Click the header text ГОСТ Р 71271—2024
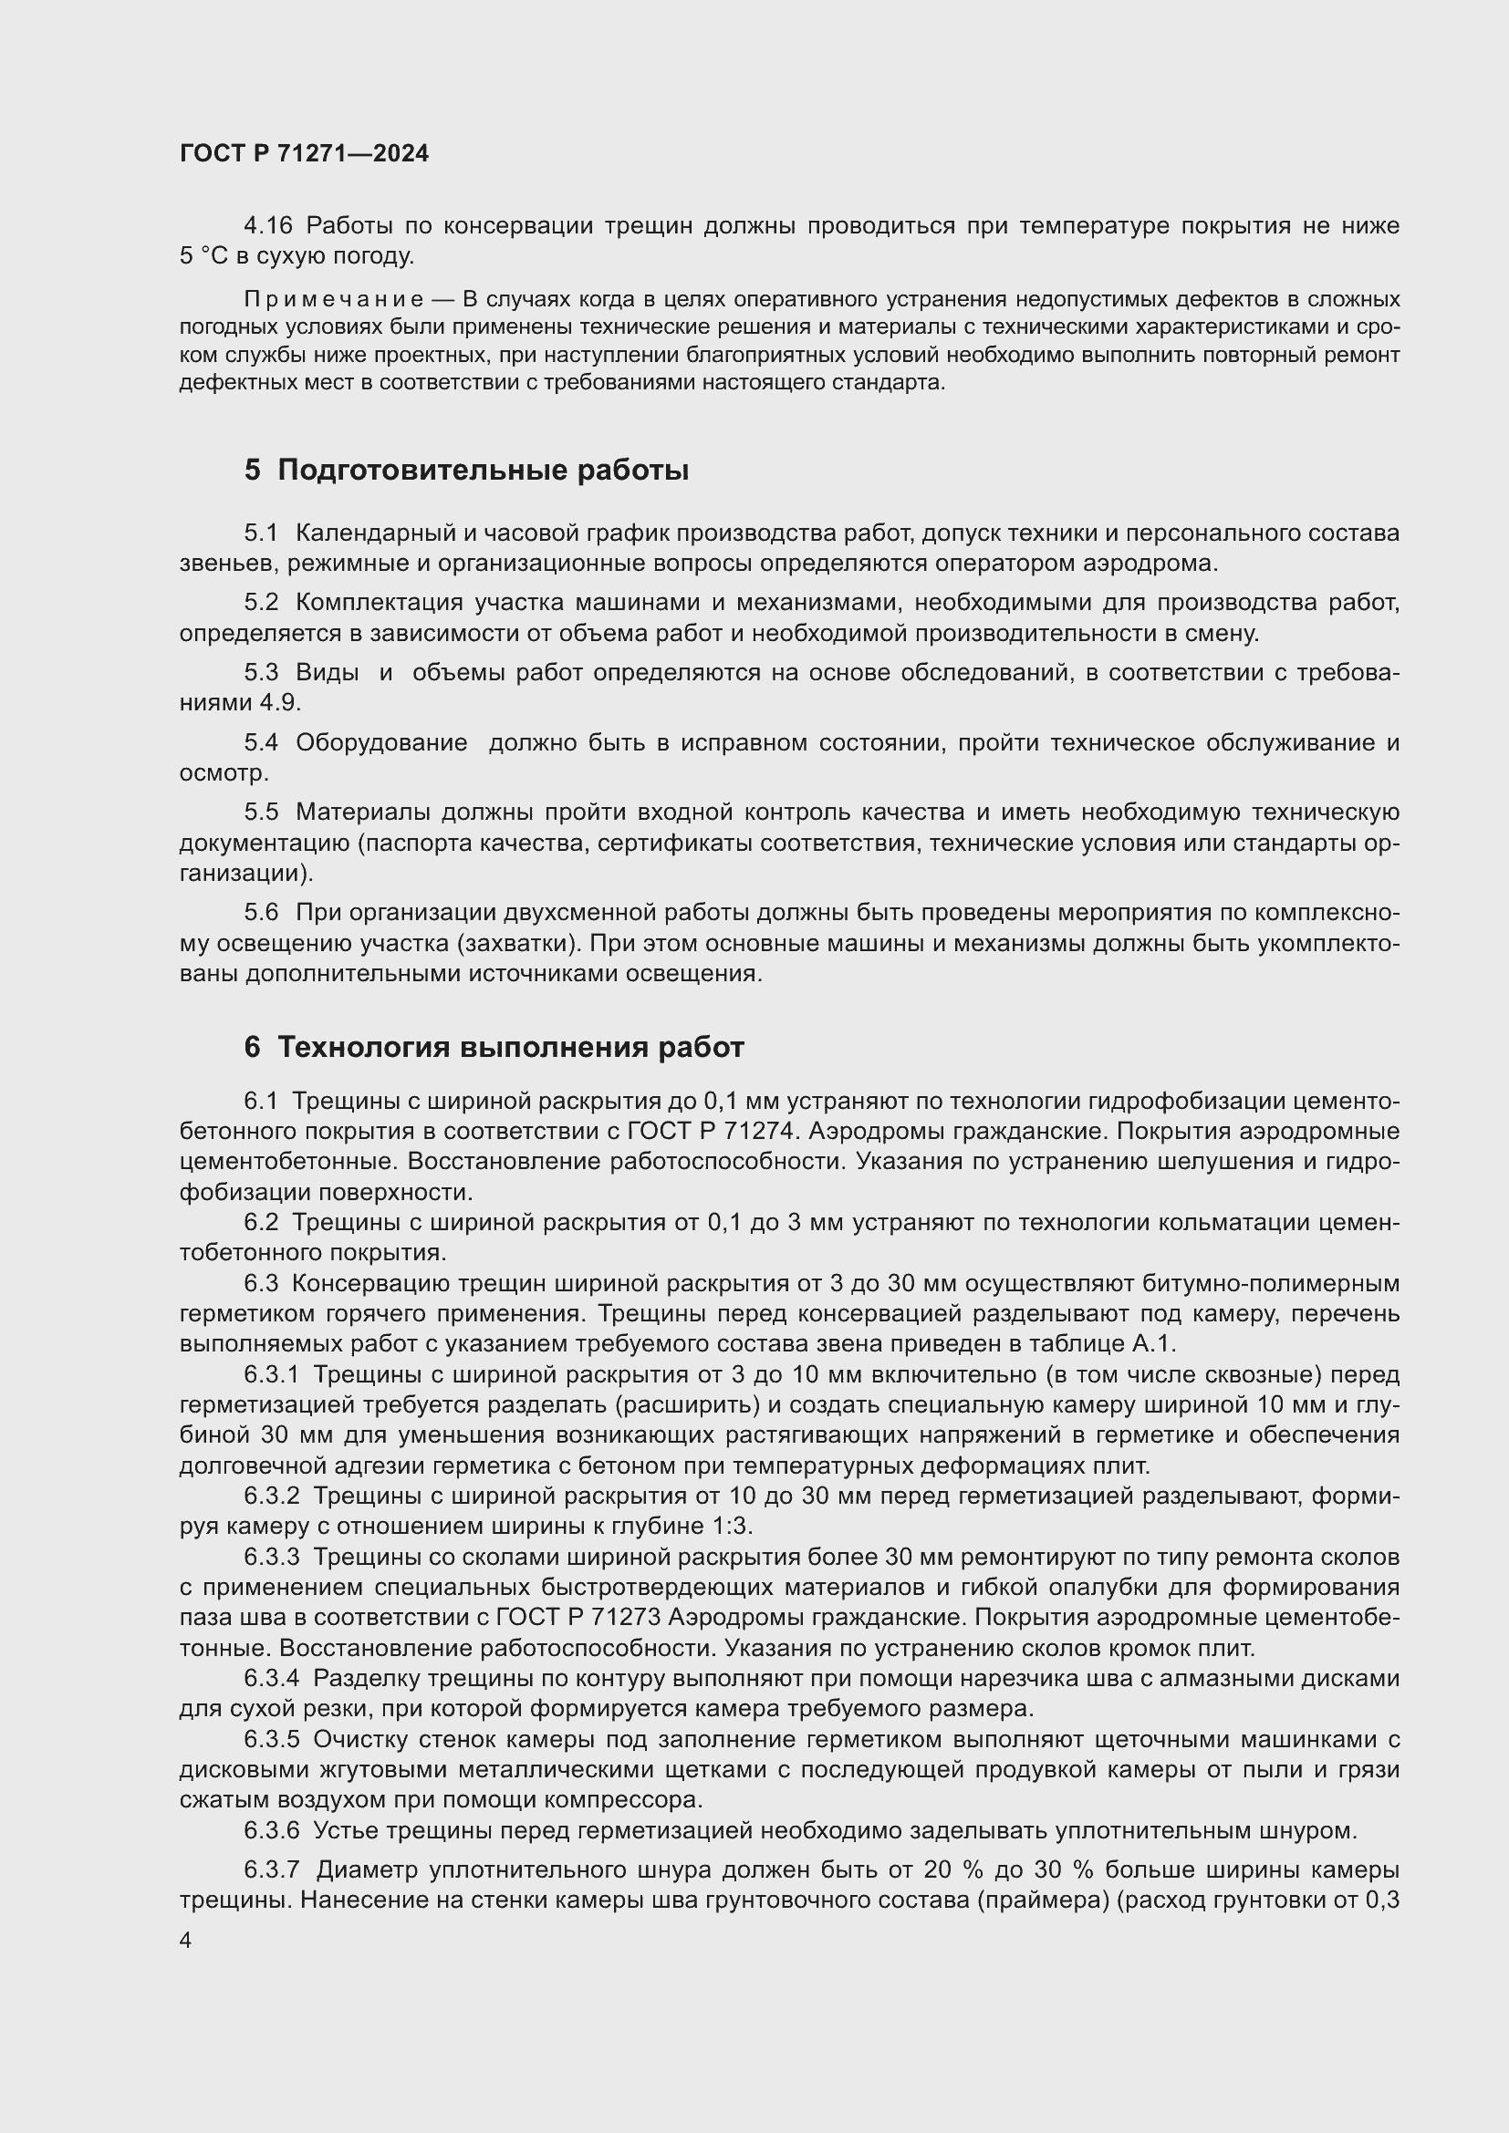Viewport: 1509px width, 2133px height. (304, 154)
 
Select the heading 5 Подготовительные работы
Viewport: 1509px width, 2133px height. (466, 471)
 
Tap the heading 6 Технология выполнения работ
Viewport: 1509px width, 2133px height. (494, 1048)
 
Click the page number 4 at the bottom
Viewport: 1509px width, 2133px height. (186, 1941)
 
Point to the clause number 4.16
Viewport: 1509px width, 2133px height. (268, 226)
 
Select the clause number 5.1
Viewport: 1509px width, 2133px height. (261, 533)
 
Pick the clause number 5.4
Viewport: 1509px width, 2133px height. (261, 742)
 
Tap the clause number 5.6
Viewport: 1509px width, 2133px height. (261, 913)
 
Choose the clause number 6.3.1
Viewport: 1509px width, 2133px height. (272, 1375)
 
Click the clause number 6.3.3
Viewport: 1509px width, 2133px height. (272, 1557)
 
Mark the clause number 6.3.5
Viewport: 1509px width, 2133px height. (272, 1739)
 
